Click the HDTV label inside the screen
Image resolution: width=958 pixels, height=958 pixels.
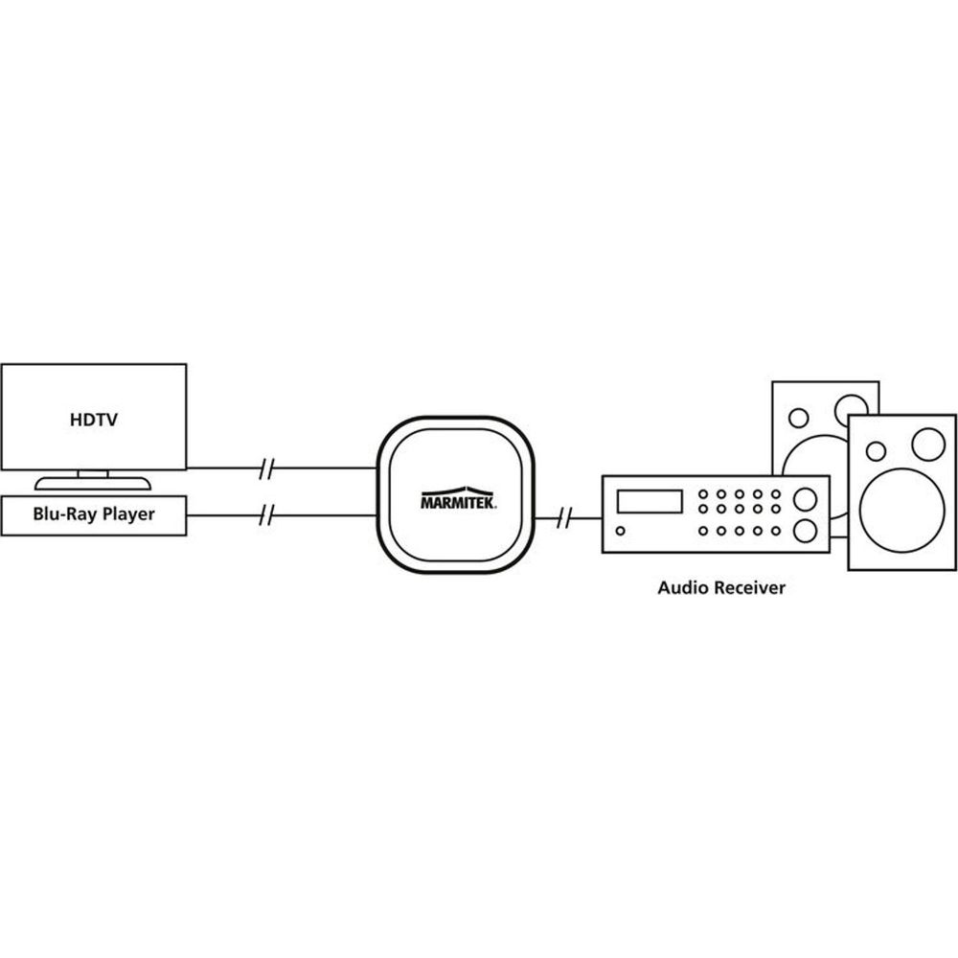pyautogui.click(x=93, y=419)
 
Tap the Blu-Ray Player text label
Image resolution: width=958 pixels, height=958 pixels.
pyautogui.click(x=93, y=514)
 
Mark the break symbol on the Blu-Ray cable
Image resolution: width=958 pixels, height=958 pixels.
pyautogui.click(x=268, y=516)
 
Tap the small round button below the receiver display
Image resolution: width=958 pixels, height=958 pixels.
pyautogui.click(x=621, y=531)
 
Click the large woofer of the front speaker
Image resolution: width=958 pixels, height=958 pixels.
pyautogui.click(x=901, y=507)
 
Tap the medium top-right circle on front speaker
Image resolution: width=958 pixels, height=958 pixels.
pyautogui.click(x=927, y=444)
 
